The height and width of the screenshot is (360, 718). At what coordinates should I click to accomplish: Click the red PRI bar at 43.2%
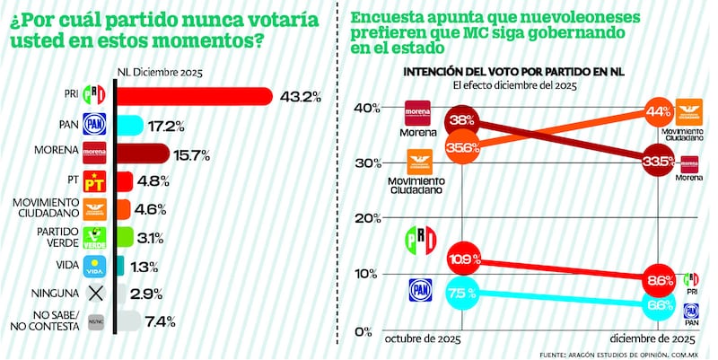(194, 95)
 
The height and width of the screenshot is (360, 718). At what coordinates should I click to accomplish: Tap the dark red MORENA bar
(142, 152)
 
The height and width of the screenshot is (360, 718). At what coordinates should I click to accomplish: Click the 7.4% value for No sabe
(161, 321)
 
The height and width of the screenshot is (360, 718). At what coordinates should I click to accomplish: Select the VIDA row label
(63, 265)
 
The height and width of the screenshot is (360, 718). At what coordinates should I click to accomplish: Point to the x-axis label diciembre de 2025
(653, 339)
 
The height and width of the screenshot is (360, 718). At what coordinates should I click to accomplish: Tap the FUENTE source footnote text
(619, 353)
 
